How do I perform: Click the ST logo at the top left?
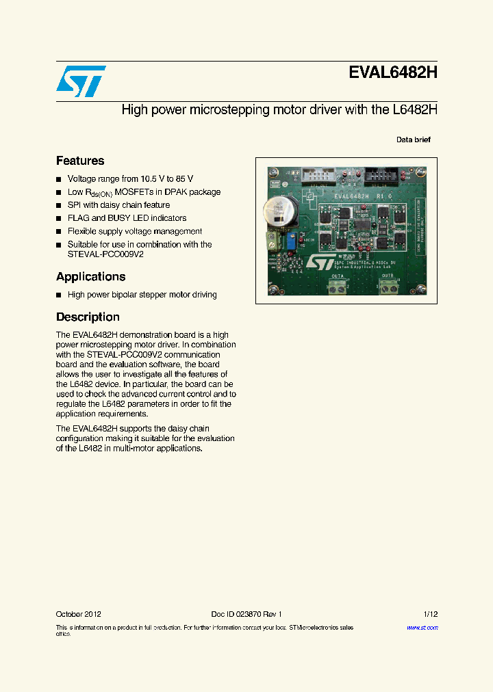[81, 81]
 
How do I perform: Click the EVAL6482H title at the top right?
[392, 73]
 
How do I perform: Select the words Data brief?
[413, 140]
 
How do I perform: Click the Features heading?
[80, 161]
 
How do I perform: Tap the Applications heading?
[90, 277]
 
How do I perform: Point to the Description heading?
[88, 317]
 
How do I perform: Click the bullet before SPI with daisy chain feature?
[59, 206]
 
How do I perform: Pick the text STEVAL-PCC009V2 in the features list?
[105, 258]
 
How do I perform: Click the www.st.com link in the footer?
[422, 628]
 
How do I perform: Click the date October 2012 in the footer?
[78, 615]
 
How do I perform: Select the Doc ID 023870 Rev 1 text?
[246, 615]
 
